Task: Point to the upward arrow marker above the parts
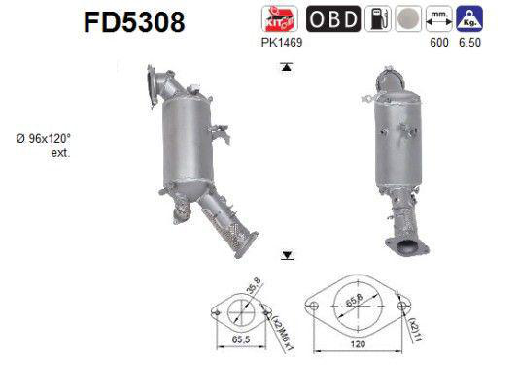coord(287,67)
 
